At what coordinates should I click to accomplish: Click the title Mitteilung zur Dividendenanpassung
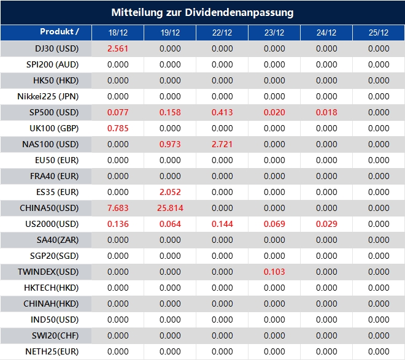202,12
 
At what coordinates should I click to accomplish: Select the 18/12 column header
118,33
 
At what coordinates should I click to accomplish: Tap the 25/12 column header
379,33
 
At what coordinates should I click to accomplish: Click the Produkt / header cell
60,32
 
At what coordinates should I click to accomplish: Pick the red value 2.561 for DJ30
118,48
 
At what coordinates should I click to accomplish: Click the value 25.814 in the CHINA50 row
170,208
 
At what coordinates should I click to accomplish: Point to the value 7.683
118,208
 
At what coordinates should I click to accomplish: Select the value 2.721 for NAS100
222,144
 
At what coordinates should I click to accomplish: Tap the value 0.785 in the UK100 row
118,128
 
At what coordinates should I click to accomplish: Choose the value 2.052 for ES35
170,192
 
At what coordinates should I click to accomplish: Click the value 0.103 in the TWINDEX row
274,272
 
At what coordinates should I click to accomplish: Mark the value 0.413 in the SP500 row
222,112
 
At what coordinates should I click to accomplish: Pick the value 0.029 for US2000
326,224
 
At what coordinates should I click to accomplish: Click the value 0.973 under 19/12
170,144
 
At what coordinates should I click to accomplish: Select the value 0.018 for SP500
326,112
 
